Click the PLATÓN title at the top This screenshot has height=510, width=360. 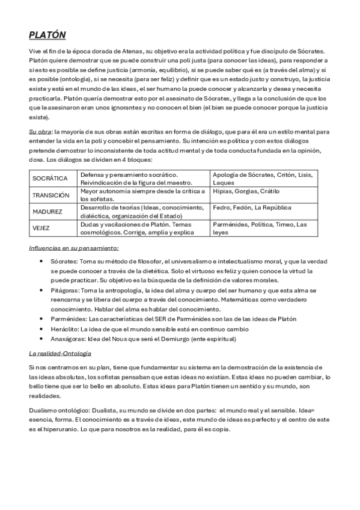point(47,35)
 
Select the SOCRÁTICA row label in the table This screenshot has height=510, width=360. point(50,179)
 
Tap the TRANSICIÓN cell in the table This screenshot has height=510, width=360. point(52,195)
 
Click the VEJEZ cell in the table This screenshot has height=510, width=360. point(43,228)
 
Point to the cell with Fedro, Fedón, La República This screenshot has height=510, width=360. point(252,207)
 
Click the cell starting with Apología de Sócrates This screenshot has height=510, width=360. point(262,178)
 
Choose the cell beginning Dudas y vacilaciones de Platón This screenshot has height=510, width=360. point(143,228)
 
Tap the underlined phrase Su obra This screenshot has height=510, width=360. point(40,131)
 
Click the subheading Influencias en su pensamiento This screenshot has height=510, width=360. point(74,248)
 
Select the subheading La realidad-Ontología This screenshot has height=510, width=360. point(60,353)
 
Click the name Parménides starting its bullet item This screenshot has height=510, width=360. point(69,318)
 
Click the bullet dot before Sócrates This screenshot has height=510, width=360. point(40,262)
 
